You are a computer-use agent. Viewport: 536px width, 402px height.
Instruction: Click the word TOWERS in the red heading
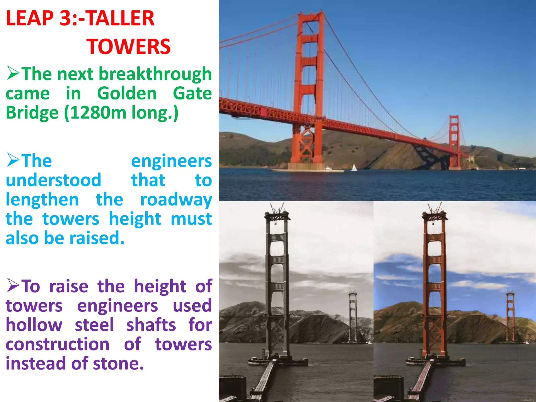coord(128,47)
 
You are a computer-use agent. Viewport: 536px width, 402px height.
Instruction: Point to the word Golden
coord(127,93)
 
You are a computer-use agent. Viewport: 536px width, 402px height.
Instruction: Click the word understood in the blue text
coord(53,180)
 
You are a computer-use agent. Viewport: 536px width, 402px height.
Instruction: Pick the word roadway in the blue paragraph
coord(176,200)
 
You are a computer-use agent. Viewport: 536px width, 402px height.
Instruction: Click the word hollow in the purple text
coord(34,325)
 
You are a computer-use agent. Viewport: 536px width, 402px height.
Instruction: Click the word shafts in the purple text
coord(151,325)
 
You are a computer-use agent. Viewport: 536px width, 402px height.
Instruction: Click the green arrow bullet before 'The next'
coord(13,73)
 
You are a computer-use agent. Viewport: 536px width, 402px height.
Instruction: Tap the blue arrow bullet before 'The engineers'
coord(13,160)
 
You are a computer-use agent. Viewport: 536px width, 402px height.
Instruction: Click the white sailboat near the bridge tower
coord(354,167)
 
